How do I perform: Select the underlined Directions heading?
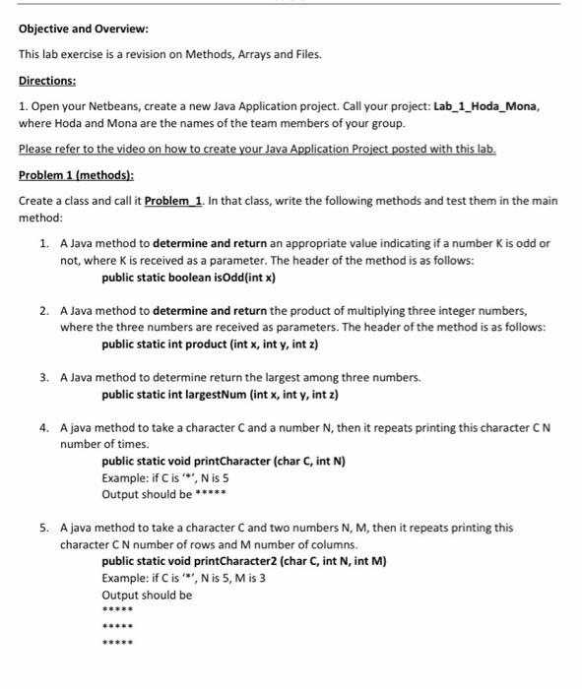[x=49, y=80]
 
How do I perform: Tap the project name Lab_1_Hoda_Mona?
[x=485, y=105]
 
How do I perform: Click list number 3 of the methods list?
[x=44, y=377]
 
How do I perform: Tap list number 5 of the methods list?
[x=44, y=528]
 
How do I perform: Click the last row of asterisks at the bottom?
[x=117, y=644]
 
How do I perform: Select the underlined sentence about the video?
[x=257, y=149]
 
